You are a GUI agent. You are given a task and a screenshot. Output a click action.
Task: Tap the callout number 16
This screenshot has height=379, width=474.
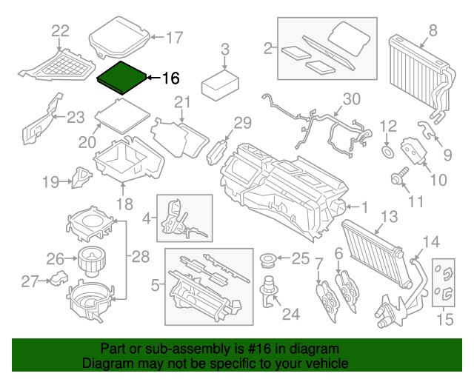pos(170,77)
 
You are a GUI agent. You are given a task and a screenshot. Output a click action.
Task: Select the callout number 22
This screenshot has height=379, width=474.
pos(60,30)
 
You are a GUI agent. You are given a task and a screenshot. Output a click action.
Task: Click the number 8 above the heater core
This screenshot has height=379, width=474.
pos(433,30)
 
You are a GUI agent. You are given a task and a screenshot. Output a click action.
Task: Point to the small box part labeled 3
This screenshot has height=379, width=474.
pos(220,81)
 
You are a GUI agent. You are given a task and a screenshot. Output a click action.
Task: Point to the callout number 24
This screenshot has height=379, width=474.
pos(291,314)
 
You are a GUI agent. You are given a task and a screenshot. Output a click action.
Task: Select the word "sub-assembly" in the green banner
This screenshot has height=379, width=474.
pos(199,349)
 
